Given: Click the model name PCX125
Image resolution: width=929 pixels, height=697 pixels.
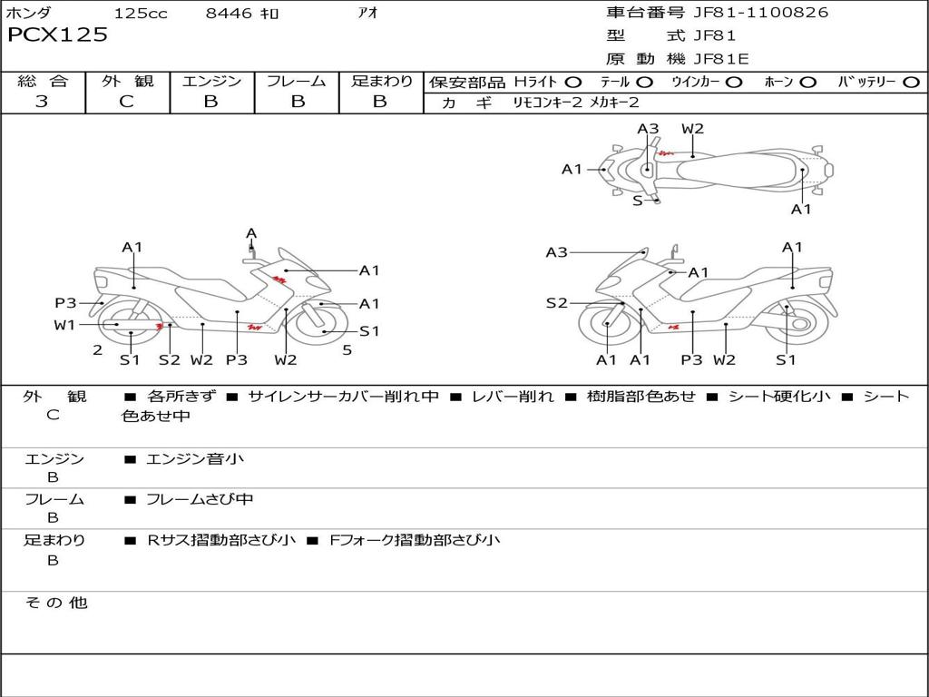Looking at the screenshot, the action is (57, 34).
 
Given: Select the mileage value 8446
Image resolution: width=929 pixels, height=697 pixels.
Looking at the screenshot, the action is (229, 13).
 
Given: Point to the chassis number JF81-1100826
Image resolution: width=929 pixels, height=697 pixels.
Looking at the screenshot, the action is (761, 13).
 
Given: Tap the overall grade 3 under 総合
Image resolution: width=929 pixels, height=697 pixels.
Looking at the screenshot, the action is (42, 101).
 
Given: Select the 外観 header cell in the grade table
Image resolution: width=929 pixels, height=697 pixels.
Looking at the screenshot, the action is (127, 81).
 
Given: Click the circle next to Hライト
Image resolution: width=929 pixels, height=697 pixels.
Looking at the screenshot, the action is (573, 83).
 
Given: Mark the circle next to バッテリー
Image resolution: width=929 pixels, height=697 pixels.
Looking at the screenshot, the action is (911, 83).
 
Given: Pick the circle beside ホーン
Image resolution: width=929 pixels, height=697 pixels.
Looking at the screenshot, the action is (807, 83).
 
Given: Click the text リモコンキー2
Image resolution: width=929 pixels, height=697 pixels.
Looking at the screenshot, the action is (547, 103).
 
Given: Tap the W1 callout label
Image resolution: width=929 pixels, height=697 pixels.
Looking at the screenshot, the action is (64, 325).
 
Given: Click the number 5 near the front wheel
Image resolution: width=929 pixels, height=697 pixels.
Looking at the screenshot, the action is (347, 350).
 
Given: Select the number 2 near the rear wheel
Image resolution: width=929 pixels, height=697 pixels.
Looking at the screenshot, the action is (98, 350).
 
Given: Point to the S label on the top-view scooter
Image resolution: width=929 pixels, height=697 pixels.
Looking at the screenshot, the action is (637, 201).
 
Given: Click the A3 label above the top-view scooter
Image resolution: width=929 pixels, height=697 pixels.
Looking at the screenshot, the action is (648, 129).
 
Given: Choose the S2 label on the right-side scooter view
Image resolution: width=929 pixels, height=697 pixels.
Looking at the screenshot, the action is (556, 303).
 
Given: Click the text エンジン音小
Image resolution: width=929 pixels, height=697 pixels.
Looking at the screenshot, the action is (195, 458).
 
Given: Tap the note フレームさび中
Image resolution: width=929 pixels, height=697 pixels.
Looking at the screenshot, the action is (200, 500).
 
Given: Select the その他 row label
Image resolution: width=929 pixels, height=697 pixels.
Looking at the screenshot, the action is (55, 603).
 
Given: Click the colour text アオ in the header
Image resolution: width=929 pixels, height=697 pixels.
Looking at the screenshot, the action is (368, 13).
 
